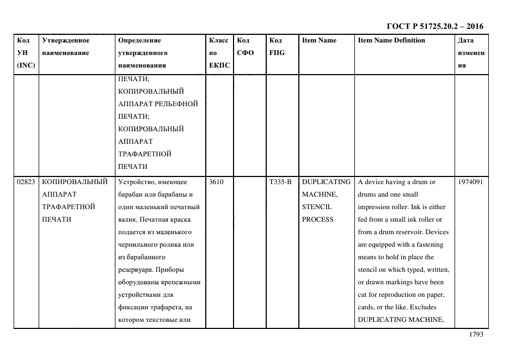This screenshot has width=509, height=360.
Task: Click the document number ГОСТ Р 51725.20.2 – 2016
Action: coord(434,26)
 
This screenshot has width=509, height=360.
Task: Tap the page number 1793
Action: coord(476,334)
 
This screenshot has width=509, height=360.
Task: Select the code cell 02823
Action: coord(26,182)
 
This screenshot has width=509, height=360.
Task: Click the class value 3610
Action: coord(216,182)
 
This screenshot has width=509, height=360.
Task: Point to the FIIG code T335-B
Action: coord(280,182)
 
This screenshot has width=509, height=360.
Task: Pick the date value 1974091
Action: coord(471,182)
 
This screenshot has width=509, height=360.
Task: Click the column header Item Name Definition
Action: coord(391,40)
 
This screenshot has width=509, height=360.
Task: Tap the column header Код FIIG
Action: coord(277,46)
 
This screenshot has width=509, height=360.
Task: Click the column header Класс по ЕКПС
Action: coord(219,53)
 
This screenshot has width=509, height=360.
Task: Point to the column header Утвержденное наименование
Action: coord(66,46)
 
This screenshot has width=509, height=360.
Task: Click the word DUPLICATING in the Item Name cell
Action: coord(326,182)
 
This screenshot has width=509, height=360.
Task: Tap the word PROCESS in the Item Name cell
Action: coord(317,219)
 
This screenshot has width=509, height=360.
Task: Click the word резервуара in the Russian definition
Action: coord(136,270)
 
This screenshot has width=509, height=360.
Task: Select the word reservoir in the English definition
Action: coord(419,232)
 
